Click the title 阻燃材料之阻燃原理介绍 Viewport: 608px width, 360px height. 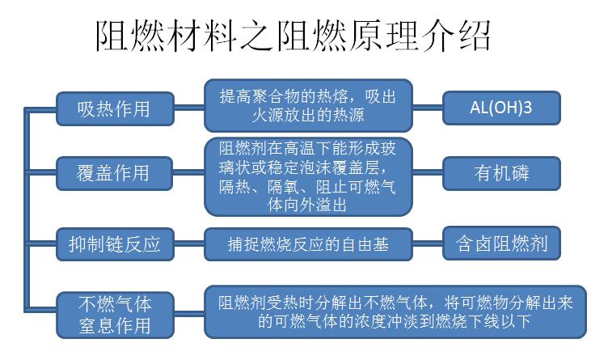[293, 36]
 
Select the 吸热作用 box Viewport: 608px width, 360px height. [115, 108]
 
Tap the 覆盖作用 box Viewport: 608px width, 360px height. [114, 173]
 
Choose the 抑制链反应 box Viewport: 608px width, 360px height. [115, 244]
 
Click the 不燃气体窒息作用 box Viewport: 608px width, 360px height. [115, 315]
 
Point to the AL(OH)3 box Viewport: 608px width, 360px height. [501, 108]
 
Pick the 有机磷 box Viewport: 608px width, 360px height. [501, 173]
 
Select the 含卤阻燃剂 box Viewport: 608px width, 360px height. [501, 244]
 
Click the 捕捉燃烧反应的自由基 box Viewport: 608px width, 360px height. [308, 244]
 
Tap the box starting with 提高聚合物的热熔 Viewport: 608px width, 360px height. [308, 105]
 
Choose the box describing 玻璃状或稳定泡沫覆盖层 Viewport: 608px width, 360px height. [308, 176]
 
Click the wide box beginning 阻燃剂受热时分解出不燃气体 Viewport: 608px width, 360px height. [395, 312]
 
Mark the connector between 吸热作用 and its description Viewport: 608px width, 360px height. [189, 108]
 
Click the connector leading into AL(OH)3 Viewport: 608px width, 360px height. [428, 108]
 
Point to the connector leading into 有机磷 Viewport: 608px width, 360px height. [428, 172]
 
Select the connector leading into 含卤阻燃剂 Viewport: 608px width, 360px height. [428, 244]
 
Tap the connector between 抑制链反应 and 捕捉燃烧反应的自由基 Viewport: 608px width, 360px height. [189, 244]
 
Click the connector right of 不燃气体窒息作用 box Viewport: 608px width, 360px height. [189, 313]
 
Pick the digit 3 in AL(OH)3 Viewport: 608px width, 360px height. [528, 108]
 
